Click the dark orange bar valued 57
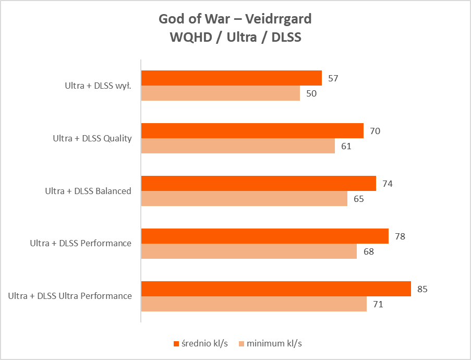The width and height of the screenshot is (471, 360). [x=232, y=78]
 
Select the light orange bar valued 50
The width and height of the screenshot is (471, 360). [x=221, y=93]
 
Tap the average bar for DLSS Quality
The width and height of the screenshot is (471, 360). [x=252, y=131]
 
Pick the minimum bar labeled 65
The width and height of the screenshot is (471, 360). [x=244, y=199]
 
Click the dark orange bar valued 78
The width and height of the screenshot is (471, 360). [x=265, y=236]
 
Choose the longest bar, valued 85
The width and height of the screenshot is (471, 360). [x=276, y=289]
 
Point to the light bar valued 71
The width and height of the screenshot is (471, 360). [x=254, y=304]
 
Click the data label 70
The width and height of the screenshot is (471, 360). [x=375, y=131]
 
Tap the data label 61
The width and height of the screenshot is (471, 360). [x=346, y=146]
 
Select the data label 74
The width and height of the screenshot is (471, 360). [x=388, y=184]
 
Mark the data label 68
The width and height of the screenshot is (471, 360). [x=368, y=251]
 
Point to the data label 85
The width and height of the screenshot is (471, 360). [x=422, y=289]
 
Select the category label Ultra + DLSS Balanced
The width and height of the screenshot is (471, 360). [x=88, y=191]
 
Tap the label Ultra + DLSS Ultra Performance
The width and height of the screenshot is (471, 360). [x=70, y=296]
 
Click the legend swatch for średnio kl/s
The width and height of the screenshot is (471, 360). [x=176, y=344]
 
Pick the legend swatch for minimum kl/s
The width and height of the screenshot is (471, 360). [x=241, y=344]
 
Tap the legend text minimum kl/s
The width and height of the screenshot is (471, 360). [x=274, y=344]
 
